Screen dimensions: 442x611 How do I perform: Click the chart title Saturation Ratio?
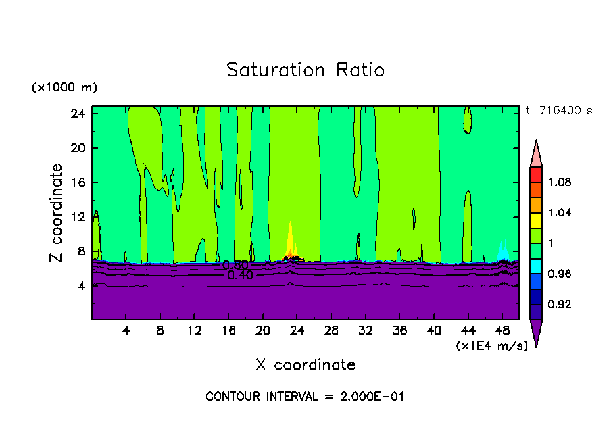click(x=305, y=70)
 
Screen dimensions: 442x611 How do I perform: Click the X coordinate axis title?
click(x=305, y=365)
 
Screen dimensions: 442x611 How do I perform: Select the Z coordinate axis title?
click(x=57, y=213)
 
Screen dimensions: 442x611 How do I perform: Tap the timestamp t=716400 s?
click(x=558, y=110)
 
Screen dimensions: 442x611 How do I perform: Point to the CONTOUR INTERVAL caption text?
click(x=305, y=397)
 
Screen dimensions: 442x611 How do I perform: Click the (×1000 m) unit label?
click(x=64, y=87)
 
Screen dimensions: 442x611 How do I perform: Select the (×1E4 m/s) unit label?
click(x=491, y=346)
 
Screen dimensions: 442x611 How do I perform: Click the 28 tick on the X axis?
click(x=331, y=331)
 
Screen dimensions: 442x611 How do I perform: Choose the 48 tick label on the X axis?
click(x=502, y=331)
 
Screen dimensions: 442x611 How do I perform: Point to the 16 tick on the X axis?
click(x=228, y=331)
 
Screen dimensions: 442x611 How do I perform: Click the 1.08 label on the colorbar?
click(x=560, y=182)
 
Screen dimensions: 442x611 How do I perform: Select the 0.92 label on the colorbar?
click(x=560, y=304)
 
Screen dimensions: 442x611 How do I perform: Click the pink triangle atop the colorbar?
click(x=536, y=155)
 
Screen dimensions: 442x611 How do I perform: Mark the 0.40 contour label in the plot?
click(x=241, y=275)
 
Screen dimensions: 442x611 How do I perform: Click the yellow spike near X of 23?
click(x=290, y=238)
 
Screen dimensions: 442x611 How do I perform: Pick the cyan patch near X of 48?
click(x=503, y=252)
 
